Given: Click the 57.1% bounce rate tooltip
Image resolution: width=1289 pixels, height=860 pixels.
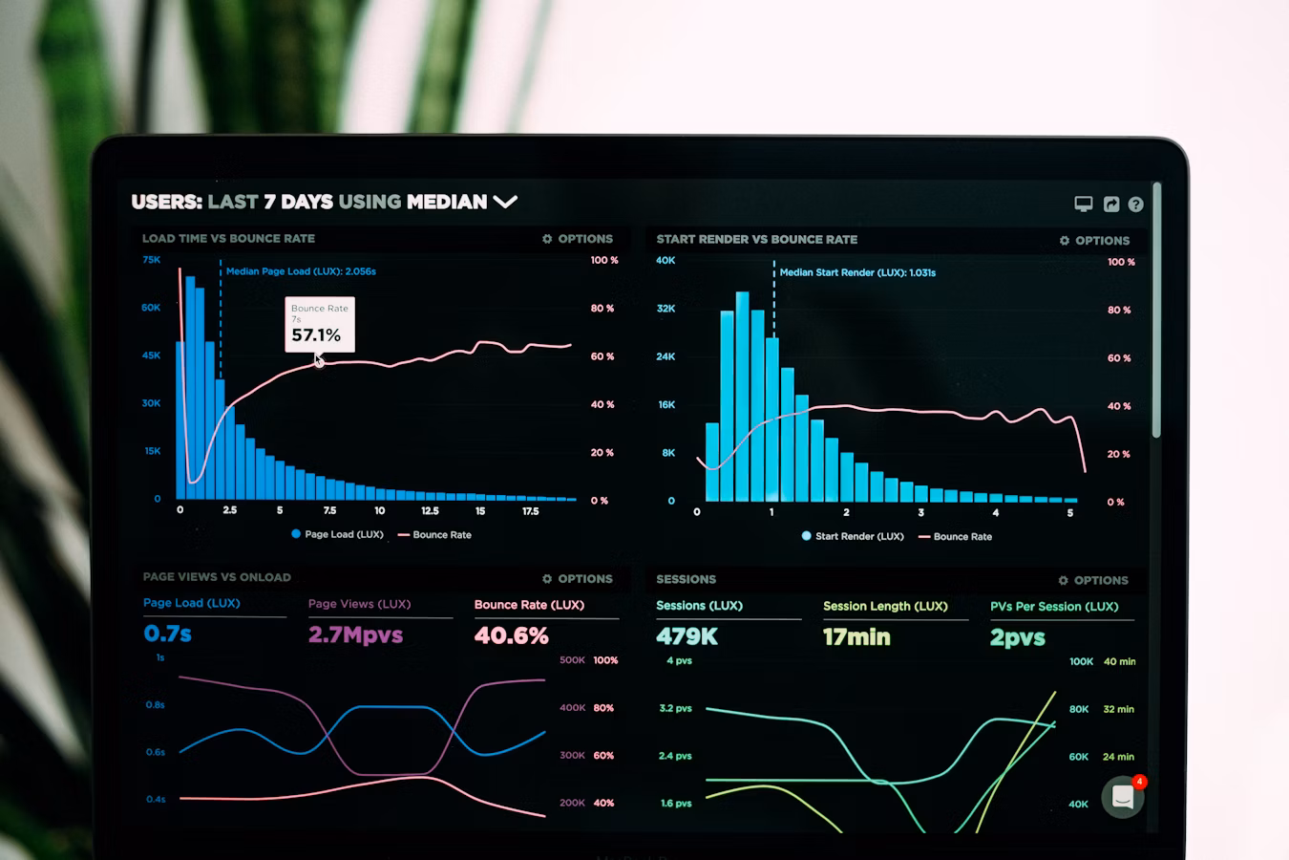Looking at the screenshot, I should [319, 325].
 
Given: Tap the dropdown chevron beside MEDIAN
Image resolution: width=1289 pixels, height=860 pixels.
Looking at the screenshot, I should [505, 202].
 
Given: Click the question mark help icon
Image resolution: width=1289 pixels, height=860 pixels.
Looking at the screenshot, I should [1135, 204].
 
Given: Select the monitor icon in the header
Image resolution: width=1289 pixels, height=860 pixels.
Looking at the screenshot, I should [1083, 204].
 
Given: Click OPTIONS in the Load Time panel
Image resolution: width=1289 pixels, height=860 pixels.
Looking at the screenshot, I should [578, 239].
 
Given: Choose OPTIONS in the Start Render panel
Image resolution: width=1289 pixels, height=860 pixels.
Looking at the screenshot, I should [1094, 241].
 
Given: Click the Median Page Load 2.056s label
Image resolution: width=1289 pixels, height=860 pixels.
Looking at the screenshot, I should [301, 271].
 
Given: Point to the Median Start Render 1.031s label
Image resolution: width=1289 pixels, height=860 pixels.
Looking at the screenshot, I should [857, 272].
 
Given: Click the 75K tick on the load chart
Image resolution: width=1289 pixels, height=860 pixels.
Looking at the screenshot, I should [151, 260].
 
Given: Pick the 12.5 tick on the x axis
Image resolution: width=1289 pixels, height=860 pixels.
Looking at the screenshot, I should [430, 510].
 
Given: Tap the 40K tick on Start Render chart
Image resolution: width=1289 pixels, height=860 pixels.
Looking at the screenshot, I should [666, 260].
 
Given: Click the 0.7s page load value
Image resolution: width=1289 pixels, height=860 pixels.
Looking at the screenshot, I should [168, 634].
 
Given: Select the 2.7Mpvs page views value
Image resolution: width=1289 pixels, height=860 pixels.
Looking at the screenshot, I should [355, 634].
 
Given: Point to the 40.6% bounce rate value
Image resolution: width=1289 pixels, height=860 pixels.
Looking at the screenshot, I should [512, 635].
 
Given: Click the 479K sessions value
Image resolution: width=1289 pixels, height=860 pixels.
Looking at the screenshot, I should [687, 636].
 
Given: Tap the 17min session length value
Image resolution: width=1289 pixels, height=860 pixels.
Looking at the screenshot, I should [856, 637].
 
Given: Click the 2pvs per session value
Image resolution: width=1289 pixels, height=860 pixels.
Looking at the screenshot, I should [1018, 637].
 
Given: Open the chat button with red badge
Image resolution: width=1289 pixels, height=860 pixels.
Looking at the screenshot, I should [1123, 797].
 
